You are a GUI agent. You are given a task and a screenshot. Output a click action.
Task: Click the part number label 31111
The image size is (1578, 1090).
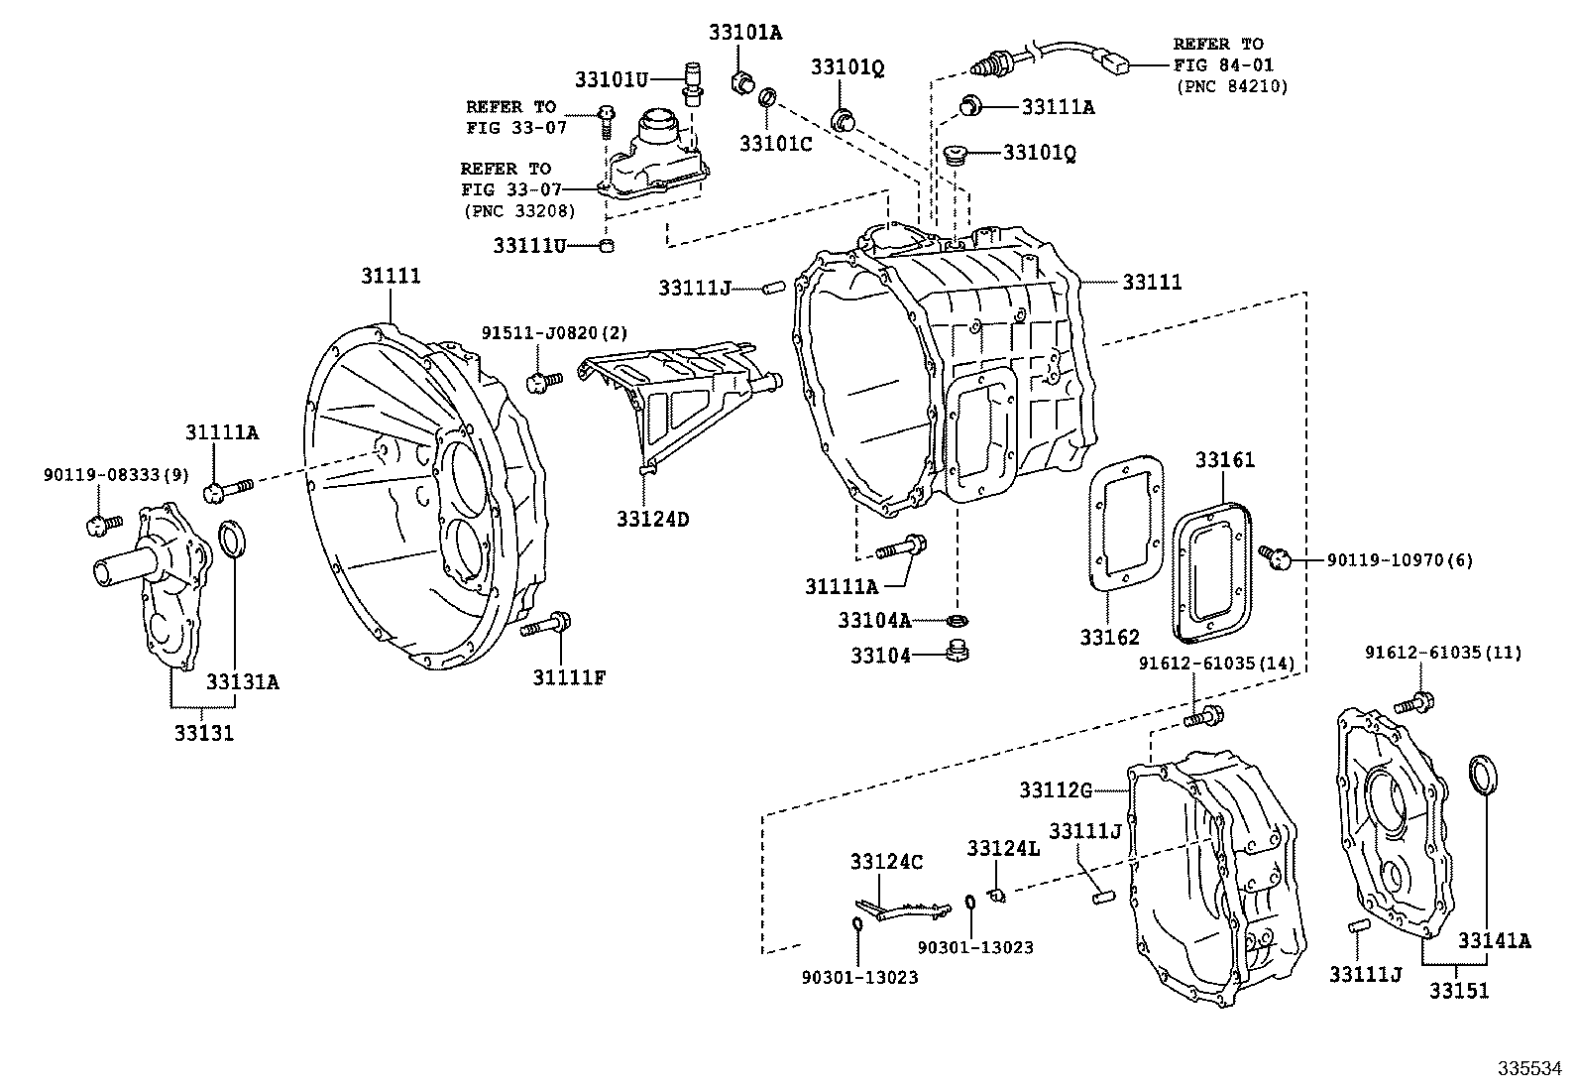[390, 276]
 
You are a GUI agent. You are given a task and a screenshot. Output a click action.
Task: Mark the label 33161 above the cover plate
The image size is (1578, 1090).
[1224, 460]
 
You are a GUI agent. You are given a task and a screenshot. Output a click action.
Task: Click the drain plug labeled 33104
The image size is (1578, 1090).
[958, 653]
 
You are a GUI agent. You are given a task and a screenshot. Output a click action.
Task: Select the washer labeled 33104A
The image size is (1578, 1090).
[957, 621]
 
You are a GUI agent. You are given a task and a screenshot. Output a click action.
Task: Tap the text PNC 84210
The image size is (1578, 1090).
[1232, 86]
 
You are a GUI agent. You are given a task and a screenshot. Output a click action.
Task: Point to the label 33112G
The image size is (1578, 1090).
[1056, 789]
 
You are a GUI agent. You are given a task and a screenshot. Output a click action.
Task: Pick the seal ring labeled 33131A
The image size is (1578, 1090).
[231, 542]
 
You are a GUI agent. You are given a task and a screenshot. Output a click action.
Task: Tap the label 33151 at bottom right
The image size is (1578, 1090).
[1458, 990]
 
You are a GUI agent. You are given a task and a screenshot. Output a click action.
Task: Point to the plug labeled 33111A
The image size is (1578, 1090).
[972, 105]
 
